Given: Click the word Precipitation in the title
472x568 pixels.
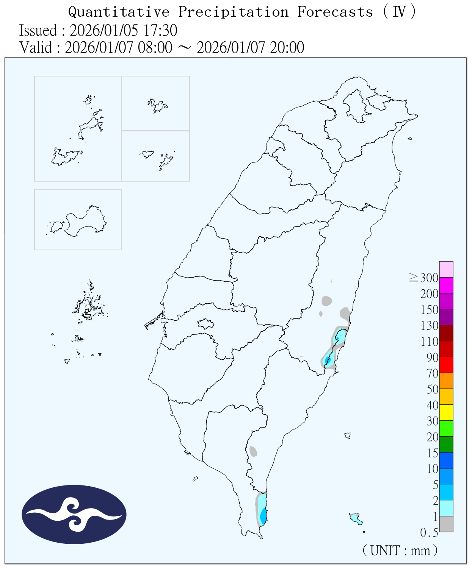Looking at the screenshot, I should [x=233, y=12].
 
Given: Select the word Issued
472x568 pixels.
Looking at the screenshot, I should [x=38, y=30].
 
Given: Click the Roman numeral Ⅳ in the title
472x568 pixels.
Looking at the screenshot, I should [x=399, y=12].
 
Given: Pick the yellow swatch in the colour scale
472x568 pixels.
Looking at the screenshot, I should [x=446, y=412].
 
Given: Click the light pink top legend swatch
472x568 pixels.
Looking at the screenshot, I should [x=446, y=269].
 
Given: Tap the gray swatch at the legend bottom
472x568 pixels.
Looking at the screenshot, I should [x=446, y=524].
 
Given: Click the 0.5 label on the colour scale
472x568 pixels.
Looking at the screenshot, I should [x=429, y=533].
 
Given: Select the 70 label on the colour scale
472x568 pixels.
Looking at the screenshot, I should [x=433, y=373].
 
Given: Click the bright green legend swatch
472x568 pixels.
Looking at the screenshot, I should [x=446, y=428].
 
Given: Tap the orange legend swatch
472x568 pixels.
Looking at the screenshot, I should [x=446, y=381].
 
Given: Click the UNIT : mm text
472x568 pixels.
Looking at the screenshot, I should [x=400, y=550].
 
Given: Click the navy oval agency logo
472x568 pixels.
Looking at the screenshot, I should [x=74, y=514].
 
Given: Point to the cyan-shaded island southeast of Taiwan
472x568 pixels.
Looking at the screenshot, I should [x=355, y=518].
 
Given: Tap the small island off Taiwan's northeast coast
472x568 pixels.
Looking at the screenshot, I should [x=410, y=139].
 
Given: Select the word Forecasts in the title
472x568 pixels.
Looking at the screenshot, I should [x=335, y=12].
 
